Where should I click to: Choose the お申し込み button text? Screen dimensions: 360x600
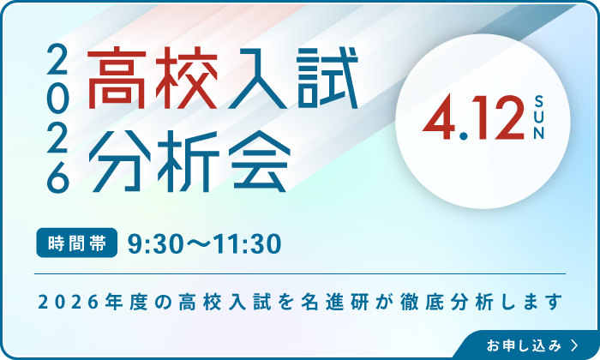[522, 345]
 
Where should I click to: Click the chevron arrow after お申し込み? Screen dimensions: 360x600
[573, 345]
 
